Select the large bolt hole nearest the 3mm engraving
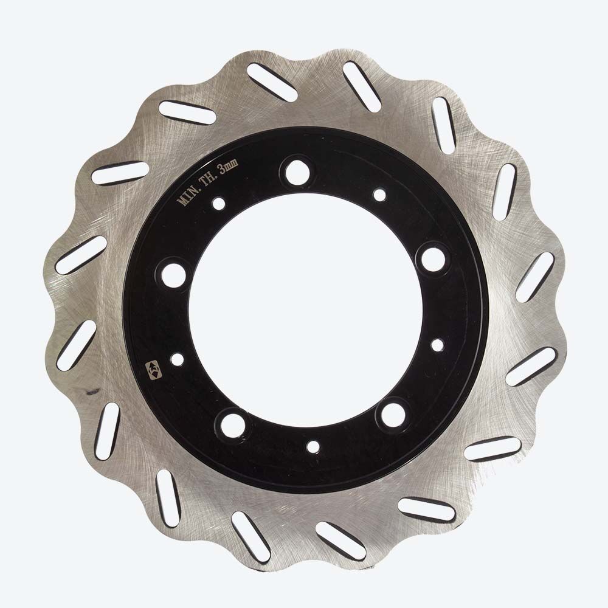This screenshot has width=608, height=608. [297, 171]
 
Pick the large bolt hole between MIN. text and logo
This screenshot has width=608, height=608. [173, 275]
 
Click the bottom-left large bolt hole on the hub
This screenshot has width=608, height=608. [233, 424]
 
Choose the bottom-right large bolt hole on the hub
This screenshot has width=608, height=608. [392, 414]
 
